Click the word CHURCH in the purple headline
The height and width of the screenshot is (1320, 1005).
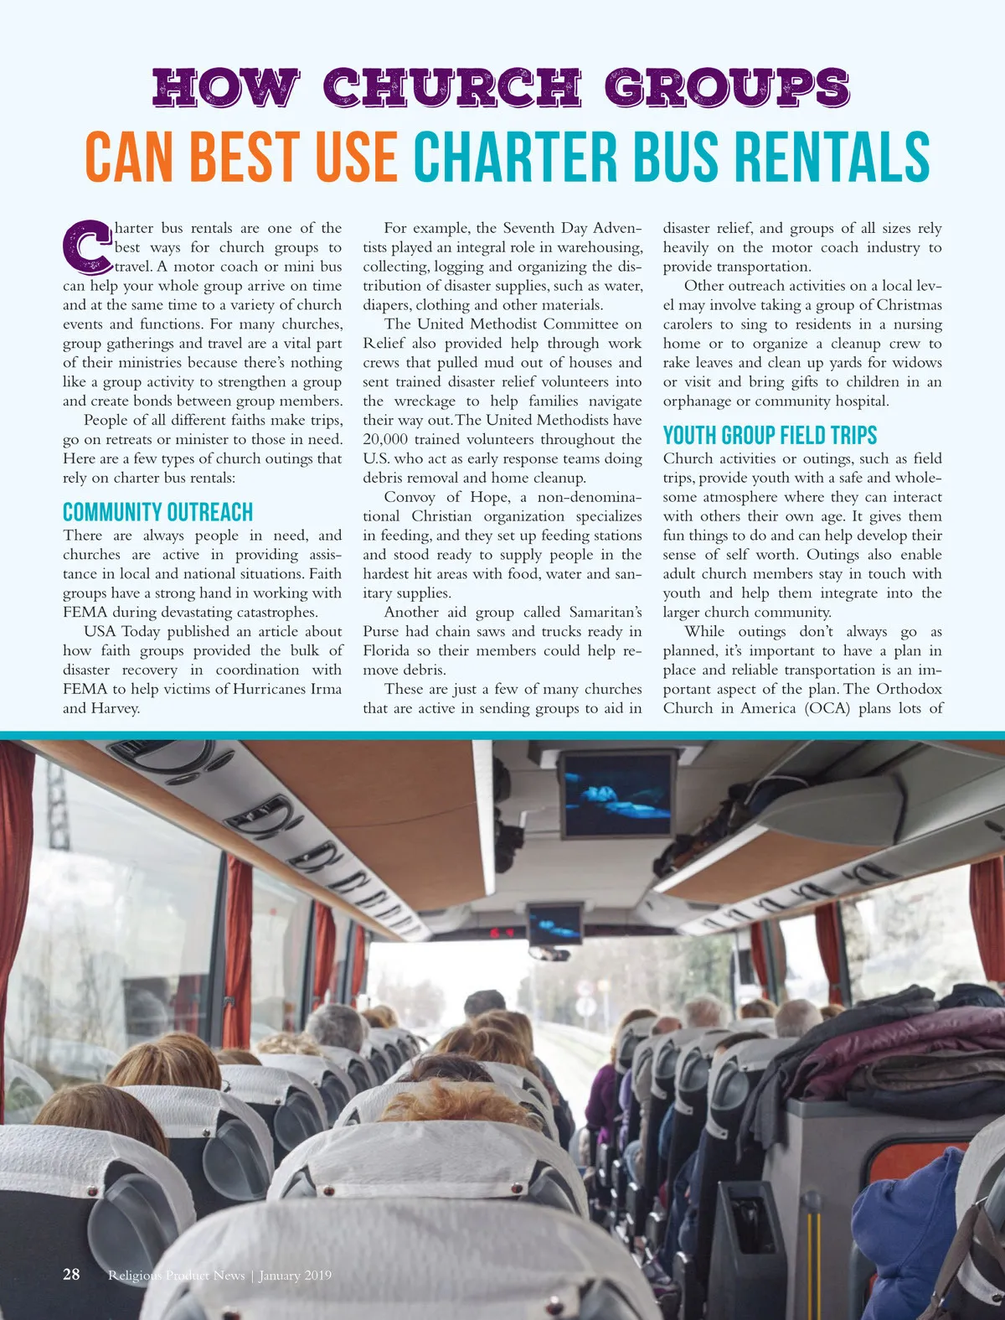[452, 87]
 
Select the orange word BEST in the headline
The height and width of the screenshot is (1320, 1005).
[244, 157]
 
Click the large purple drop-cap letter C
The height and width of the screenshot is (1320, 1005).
[86, 247]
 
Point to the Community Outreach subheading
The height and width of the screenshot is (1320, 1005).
[157, 512]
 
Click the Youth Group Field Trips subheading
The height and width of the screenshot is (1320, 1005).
[770, 435]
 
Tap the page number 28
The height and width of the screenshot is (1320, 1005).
[71, 1274]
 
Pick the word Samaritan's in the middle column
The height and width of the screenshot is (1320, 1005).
[606, 612]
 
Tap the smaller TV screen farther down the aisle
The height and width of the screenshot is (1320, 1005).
[554, 923]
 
